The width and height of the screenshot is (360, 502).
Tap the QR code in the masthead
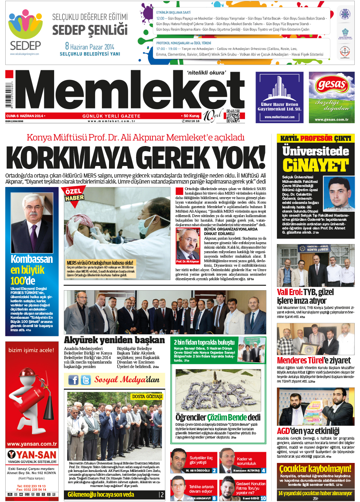233,116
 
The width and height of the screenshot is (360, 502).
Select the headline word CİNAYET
316,165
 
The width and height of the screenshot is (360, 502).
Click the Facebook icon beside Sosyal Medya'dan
73,380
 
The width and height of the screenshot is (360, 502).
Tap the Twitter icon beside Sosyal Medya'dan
86,380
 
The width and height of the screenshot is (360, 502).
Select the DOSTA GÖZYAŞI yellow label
147,396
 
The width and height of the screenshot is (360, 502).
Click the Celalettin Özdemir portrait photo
339,194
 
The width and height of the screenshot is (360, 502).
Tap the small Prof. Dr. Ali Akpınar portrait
188,244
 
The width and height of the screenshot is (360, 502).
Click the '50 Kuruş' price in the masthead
191,116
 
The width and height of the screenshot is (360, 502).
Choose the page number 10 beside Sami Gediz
263,498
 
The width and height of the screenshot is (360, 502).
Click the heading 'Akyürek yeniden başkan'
114,340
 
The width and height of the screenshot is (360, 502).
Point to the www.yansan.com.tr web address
32,444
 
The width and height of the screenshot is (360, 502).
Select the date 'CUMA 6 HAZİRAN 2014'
25,116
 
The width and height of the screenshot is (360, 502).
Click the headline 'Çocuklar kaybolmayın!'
315,469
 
